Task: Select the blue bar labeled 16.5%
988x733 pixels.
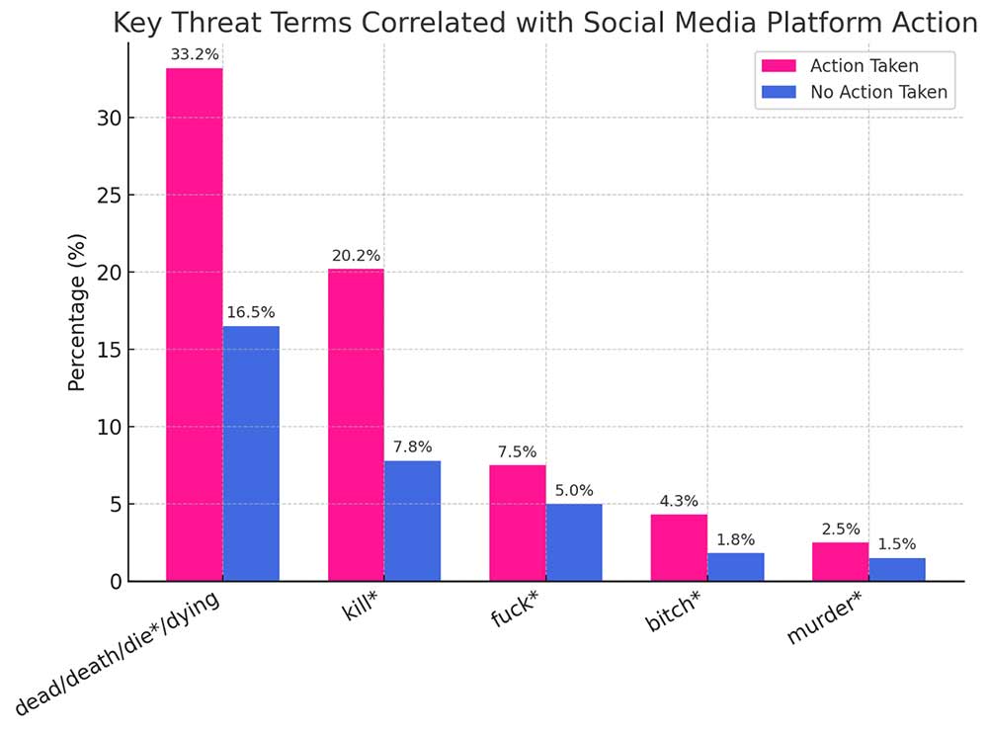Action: pos(251,453)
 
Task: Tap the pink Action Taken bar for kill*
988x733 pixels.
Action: pos(356,425)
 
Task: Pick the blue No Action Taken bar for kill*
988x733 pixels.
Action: pos(412,521)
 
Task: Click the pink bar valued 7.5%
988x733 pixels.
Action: pos(517,523)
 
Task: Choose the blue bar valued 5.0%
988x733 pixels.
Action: pos(574,542)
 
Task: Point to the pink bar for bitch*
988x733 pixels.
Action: pos(679,547)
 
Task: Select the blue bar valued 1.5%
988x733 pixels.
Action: pos(897,570)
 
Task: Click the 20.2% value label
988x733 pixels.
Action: pos(356,256)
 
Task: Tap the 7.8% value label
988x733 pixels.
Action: pos(412,448)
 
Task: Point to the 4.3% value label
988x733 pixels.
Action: pos(679,501)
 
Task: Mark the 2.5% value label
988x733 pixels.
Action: pos(841,529)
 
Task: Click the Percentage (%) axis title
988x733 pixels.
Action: pos(78,312)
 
